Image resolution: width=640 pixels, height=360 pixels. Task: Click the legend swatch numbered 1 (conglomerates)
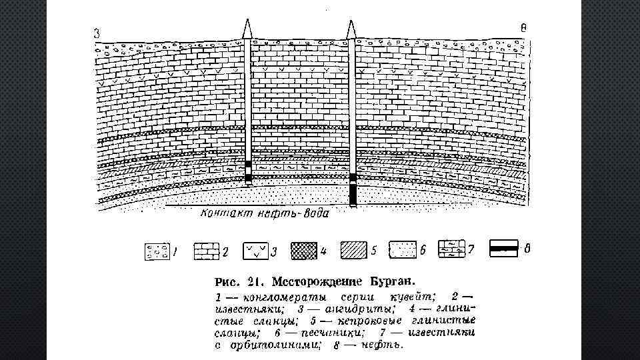click(x=157, y=251)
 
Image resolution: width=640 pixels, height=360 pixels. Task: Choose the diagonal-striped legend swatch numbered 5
click(x=353, y=251)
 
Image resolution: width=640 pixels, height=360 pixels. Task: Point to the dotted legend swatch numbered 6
click(x=402, y=250)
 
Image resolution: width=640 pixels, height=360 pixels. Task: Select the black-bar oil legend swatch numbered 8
click(x=505, y=247)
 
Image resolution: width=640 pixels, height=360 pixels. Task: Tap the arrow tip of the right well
click(x=351, y=28)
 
